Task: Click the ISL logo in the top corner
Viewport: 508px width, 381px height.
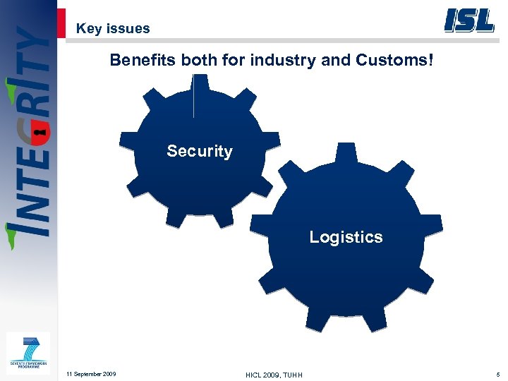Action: pos(468,20)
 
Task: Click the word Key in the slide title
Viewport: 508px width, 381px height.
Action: pos(88,29)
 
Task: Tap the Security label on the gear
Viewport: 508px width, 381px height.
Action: pos(200,151)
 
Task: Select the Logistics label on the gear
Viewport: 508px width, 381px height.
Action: pos(346,237)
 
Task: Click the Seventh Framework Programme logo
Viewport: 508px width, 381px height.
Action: pos(28,353)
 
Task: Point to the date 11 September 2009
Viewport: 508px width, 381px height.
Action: pos(91,373)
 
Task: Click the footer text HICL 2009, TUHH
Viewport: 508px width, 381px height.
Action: pos(274,374)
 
